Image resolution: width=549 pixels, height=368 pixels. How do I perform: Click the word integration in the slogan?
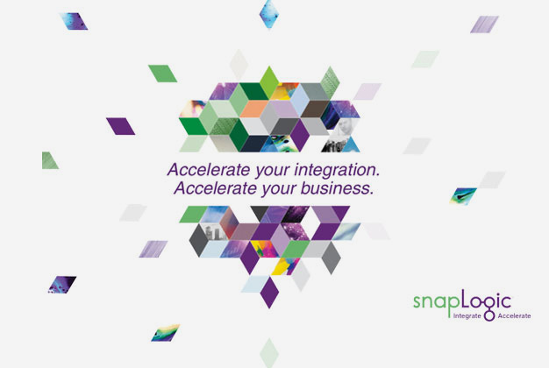[337, 170]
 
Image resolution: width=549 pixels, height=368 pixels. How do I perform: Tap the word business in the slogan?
[337, 188]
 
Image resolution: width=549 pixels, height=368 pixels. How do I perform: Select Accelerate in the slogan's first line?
[209, 170]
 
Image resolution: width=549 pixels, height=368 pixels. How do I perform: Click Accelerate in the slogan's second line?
[216, 188]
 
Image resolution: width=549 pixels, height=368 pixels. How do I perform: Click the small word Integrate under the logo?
[467, 316]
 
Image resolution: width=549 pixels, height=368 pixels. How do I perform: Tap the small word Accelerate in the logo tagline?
[514, 316]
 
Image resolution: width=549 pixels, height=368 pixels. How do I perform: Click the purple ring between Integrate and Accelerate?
[489, 316]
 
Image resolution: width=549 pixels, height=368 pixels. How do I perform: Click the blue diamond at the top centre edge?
[269, 14]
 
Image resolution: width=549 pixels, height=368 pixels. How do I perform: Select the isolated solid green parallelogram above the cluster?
[163, 74]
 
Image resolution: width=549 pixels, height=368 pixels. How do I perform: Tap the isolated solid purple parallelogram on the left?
[121, 126]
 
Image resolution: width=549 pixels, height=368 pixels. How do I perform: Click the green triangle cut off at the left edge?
[48, 162]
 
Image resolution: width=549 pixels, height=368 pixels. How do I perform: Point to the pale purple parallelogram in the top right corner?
[485, 25]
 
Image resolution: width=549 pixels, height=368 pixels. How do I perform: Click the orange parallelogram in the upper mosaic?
[254, 109]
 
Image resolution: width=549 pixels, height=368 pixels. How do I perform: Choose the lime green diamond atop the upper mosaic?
[269, 82]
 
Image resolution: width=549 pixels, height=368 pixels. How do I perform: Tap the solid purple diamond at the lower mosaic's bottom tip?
[269, 293]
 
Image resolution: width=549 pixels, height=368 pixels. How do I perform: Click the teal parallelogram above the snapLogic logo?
[463, 196]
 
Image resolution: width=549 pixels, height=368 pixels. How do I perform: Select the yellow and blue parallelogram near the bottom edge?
[166, 333]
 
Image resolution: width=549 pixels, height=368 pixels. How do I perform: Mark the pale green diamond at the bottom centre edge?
[269, 352]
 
